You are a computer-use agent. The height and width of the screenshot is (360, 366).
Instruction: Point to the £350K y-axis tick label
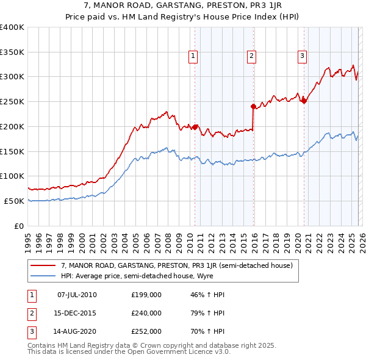pos(12,52)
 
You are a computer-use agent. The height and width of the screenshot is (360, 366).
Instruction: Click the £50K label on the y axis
pos(15,201)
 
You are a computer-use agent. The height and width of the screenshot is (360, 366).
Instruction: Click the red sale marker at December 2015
pos(253,106)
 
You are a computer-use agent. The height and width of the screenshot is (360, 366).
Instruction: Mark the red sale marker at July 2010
pos(195,127)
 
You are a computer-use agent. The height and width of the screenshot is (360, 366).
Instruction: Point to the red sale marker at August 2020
pos(304,101)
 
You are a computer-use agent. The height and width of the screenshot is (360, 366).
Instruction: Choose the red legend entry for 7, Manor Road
pos(177,265)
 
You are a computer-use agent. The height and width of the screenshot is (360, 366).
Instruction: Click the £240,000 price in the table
pos(146,312)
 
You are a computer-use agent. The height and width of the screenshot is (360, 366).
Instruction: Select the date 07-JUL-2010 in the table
pos(77,295)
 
